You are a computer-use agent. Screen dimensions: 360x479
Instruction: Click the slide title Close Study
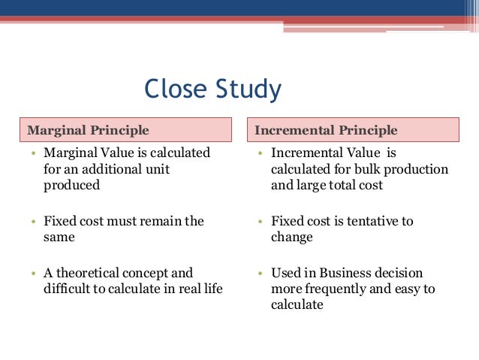pyautogui.click(x=213, y=89)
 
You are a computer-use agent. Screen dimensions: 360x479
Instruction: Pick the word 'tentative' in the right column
pyautogui.click(x=368, y=221)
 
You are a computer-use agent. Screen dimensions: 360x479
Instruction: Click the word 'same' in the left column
pyautogui.click(x=59, y=237)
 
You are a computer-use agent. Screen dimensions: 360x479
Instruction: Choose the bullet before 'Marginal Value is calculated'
pyautogui.click(x=33, y=153)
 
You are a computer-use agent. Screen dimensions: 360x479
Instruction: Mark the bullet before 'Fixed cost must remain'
pyautogui.click(x=33, y=222)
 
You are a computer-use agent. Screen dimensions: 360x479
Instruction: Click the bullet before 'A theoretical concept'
pyautogui.click(x=33, y=274)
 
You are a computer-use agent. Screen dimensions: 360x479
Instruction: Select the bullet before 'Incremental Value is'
pyautogui.click(x=259, y=153)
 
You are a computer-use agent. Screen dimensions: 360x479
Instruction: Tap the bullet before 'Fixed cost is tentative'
pyautogui.click(x=259, y=222)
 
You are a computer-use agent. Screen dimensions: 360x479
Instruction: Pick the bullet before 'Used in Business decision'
pyautogui.click(x=259, y=274)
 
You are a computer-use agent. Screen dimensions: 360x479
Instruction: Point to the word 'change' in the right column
pyautogui.click(x=291, y=237)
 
